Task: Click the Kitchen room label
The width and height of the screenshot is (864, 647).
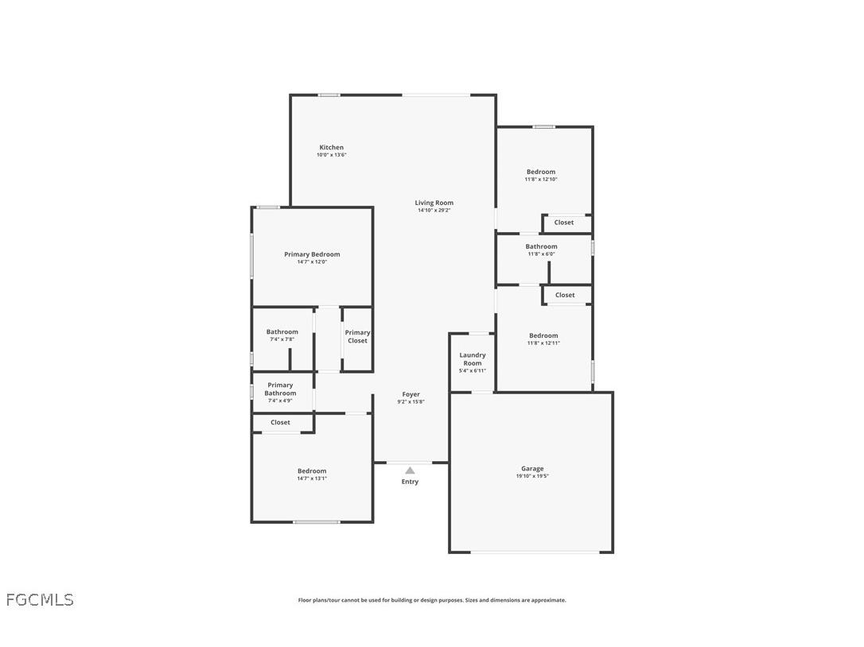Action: click(x=332, y=147)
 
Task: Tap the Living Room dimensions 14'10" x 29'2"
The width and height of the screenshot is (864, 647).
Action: click(x=434, y=211)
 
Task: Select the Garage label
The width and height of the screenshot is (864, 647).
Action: click(x=532, y=468)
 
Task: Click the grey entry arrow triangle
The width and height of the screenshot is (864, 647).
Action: click(x=410, y=471)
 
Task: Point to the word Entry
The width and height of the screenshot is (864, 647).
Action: click(x=410, y=482)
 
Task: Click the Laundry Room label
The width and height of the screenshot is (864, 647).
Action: click(x=473, y=359)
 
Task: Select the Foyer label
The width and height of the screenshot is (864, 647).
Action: click(x=411, y=394)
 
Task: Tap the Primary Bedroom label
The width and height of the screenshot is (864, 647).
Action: click(x=312, y=254)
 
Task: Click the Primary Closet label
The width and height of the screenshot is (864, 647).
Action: click(x=357, y=337)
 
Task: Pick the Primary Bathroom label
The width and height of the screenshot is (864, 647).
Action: click(x=280, y=389)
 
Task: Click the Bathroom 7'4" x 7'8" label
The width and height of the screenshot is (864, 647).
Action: click(x=282, y=332)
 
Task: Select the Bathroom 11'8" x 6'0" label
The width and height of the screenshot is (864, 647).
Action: click(x=541, y=246)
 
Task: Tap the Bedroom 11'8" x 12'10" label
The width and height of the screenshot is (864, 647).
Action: click(x=541, y=172)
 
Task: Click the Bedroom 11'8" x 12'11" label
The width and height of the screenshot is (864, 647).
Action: click(x=543, y=335)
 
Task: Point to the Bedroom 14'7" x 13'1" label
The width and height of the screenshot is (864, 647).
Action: click(x=312, y=471)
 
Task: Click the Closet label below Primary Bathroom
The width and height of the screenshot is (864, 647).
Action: click(x=280, y=422)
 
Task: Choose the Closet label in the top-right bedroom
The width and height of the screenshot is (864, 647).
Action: click(x=564, y=223)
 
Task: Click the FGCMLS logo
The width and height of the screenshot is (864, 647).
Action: click(x=40, y=600)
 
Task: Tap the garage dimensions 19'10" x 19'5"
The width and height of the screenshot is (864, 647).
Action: click(x=532, y=476)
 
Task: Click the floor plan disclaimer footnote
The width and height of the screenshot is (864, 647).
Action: click(x=432, y=600)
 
